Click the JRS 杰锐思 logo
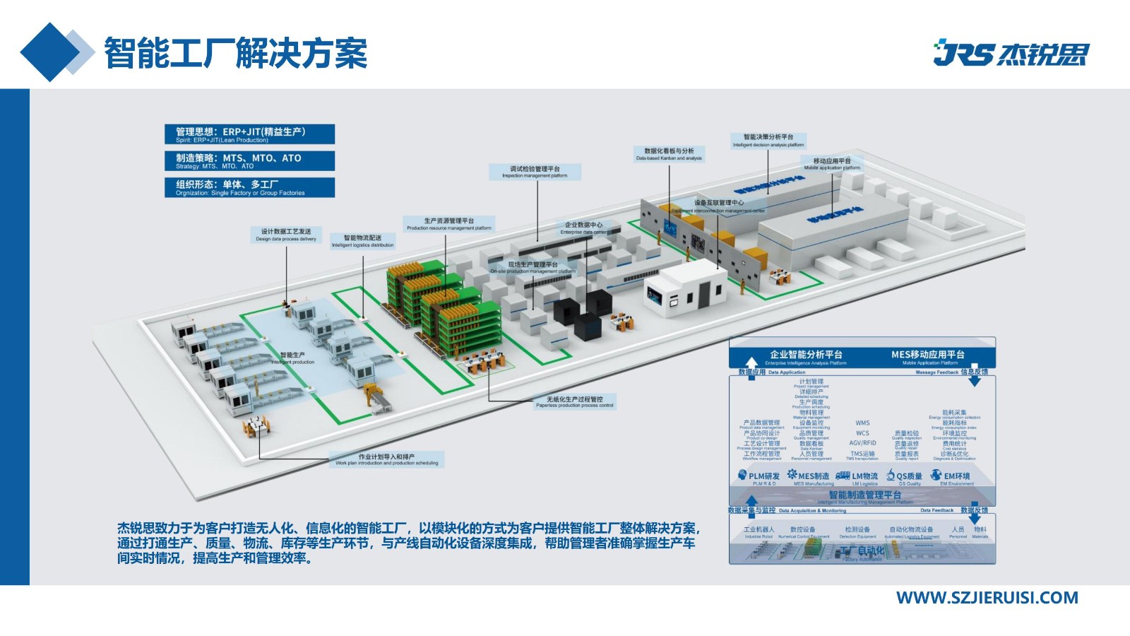click(x=1011, y=54)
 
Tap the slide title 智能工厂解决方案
click(x=236, y=53)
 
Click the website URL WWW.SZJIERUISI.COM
click(x=987, y=598)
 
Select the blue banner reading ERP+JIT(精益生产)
click(x=249, y=134)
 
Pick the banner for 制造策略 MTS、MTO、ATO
click(x=249, y=161)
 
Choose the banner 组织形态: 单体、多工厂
click(x=249, y=187)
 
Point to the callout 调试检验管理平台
click(x=535, y=172)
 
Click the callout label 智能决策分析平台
click(x=768, y=140)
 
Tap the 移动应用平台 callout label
click(x=832, y=164)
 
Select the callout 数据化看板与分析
click(x=669, y=153)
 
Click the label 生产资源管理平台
click(x=449, y=224)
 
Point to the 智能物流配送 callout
click(x=363, y=241)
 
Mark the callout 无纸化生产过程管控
click(x=575, y=401)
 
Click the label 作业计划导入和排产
click(x=386, y=459)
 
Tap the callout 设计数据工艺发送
click(x=286, y=235)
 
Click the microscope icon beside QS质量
click(x=891, y=476)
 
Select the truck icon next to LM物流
click(x=843, y=476)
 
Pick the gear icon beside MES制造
click(x=792, y=475)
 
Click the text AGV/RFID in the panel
click(x=862, y=443)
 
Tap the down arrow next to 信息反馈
click(x=975, y=380)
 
